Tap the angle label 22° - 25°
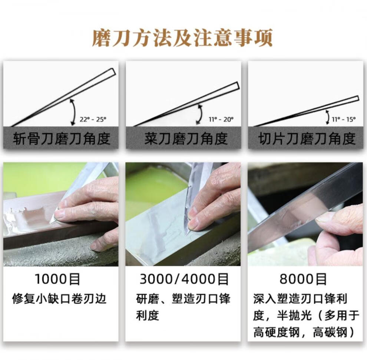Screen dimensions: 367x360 point(93,119)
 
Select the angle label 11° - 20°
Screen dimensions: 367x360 point(221,120)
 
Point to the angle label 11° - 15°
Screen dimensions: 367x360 point(344,120)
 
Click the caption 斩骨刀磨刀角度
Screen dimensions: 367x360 point(61,138)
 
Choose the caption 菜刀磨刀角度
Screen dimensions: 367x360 point(186,138)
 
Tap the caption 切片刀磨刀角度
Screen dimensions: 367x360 point(307,138)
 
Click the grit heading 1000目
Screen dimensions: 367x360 point(57,279)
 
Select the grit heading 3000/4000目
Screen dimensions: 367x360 point(184,279)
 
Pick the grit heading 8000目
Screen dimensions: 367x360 point(303,279)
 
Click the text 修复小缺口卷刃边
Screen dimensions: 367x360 point(59,299)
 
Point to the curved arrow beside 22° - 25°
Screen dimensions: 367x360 point(73,112)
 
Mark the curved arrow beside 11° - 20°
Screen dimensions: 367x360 point(200,114)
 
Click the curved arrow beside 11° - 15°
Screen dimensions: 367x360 point(328,117)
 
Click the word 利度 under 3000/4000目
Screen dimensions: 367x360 point(148,315)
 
